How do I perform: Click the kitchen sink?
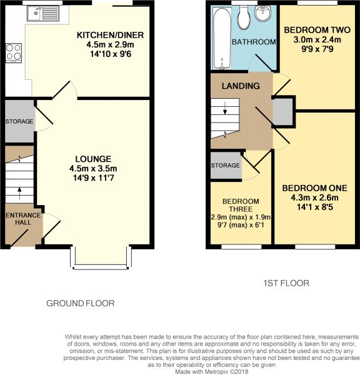(x=43, y=13)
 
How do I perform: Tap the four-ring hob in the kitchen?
(x=14, y=53)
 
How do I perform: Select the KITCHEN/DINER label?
(x=110, y=35)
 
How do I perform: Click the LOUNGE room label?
(x=93, y=159)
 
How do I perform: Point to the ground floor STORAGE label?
(x=19, y=121)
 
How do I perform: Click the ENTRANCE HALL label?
(x=23, y=219)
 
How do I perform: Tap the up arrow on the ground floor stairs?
(x=19, y=194)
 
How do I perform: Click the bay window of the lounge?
(x=101, y=257)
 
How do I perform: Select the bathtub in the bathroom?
(x=222, y=38)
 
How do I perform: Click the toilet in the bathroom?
(x=244, y=17)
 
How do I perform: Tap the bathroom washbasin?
(x=263, y=13)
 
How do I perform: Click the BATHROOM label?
(x=254, y=42)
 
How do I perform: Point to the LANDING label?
(x=241, y=86)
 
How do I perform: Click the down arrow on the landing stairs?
(x=225, y=108)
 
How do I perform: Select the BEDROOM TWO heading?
(x=317, y=30)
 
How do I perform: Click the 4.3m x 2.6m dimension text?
(x=315, y=197)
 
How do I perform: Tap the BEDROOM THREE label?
(x=241, y=205)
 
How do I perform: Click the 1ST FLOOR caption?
(x=286, y=283)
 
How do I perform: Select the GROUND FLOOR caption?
(x=81, y=304)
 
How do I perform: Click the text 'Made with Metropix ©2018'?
(x=212, y=372)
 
